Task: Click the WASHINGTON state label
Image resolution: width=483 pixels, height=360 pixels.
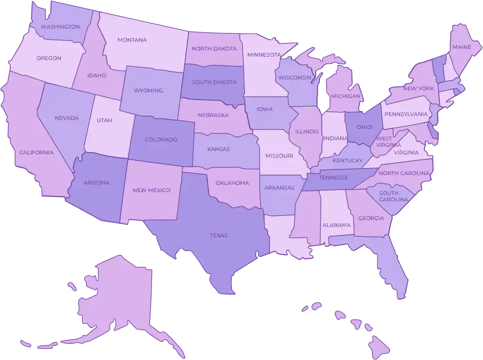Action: coord(60,26)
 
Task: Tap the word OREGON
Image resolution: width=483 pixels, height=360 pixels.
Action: coord(48,58)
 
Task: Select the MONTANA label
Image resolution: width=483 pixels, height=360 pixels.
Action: coord(132,40)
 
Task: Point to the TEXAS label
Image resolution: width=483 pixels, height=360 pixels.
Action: coord(219,235)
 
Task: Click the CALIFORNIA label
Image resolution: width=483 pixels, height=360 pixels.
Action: coord(36,152)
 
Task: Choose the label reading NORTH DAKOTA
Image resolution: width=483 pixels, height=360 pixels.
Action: coord(214,49)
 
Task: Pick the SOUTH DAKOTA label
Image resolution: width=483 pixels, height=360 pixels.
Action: coord(214,82)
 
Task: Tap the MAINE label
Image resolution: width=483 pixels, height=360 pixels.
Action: coord(462,47)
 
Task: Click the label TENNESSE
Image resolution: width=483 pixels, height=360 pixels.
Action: coord(333,177)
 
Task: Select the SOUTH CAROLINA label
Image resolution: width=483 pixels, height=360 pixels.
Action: coord(393,196)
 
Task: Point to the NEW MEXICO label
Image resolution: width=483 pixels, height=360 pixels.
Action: coord(152,190)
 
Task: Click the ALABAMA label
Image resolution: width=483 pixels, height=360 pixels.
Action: coord(336,225)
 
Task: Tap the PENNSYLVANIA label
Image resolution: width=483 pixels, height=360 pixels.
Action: coord(406,114)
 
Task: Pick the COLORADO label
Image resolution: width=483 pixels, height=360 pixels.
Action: coord(161,140)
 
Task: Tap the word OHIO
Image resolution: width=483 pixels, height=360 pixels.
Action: coord(364,127)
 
